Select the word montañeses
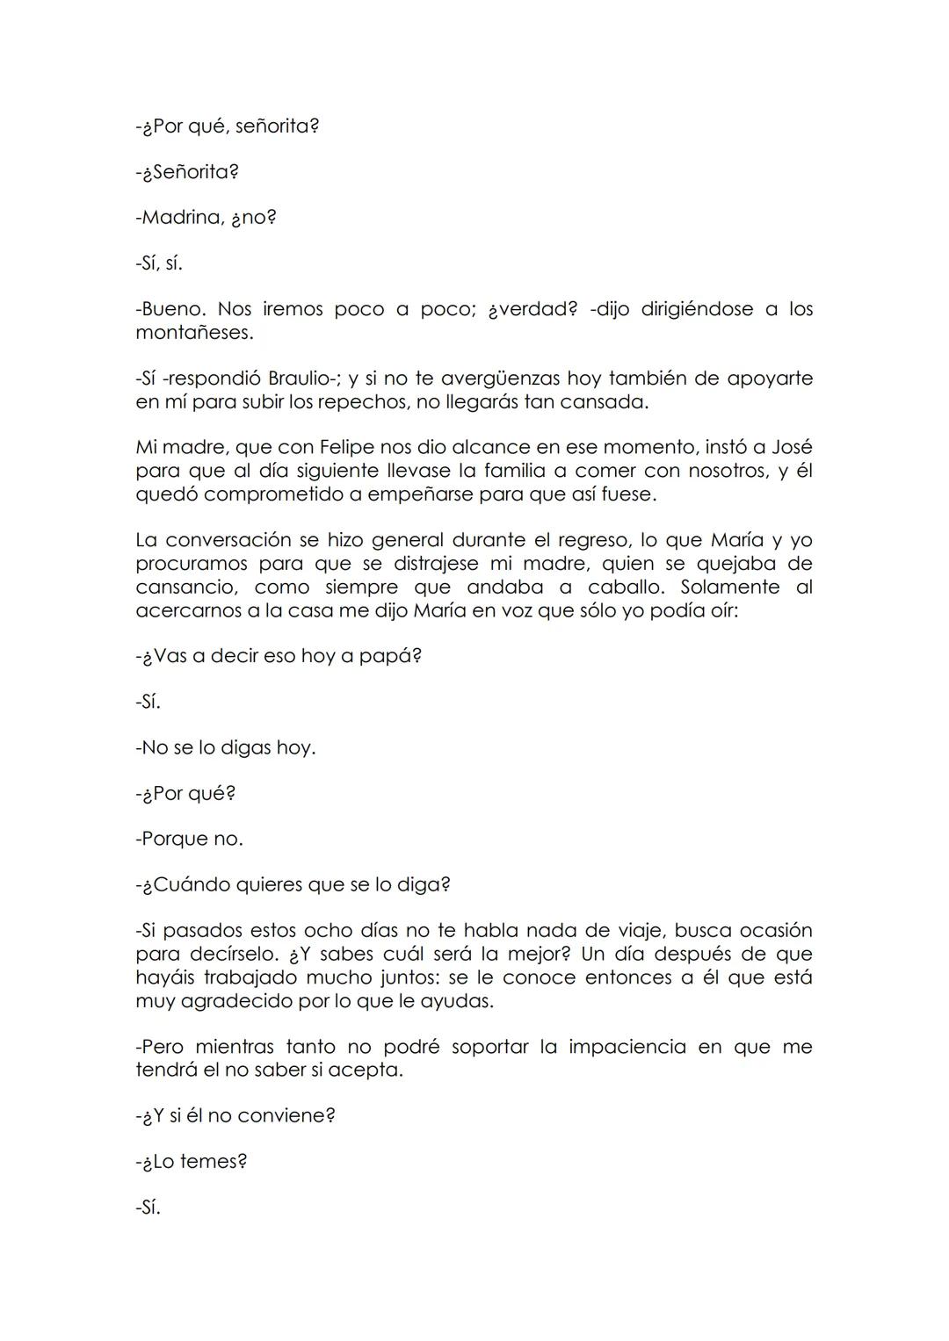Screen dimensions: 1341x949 pyautogui.click(x=192, y=334)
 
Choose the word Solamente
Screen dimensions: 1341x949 pyautogui.click(x=729, y=587)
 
